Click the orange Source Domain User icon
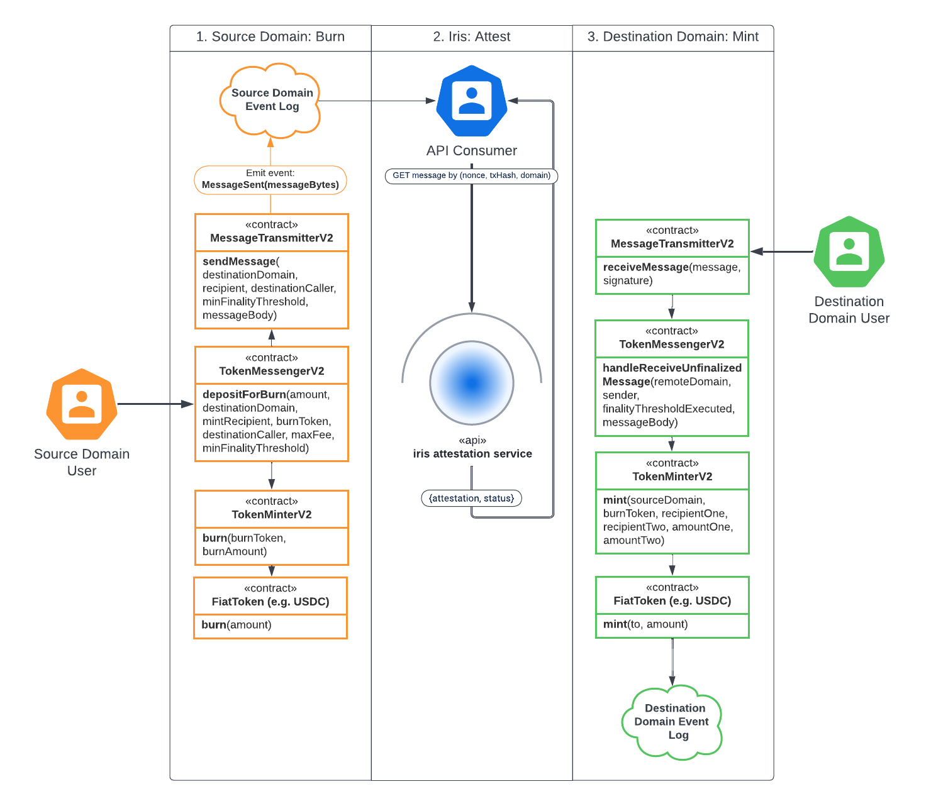coord(82,404)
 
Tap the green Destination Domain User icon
coord(849,251)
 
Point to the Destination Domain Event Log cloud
coord(672,722)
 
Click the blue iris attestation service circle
coord(472,382)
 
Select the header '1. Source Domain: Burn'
coord(270,37)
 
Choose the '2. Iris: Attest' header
coord(472,37)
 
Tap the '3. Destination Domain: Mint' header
coord(673,37)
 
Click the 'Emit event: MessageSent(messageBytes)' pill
coord(270,180)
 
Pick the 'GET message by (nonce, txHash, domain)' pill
coord(472,175)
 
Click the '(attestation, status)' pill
coord(472,499)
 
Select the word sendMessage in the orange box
coord(239,262)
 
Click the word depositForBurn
coord(244,395)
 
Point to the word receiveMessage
coord(646,267)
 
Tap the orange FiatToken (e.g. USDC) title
coord(270,602)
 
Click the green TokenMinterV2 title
coord(672,477)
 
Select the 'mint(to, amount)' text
coord(645,624)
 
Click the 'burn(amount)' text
coord(237,625)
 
